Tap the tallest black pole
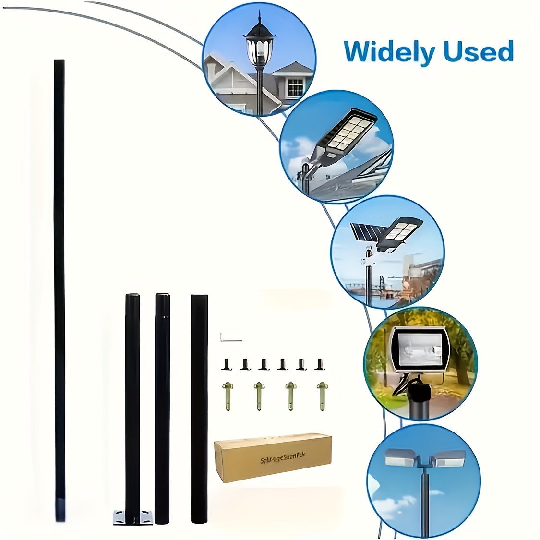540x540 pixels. pos(59,288)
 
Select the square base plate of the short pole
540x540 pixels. pos(134,516)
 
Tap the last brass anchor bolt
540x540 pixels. pos(321,396)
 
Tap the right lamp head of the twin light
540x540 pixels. pos(448,458)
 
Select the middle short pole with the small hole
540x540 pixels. pos(162,408)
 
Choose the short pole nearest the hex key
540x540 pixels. pos(199,408)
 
